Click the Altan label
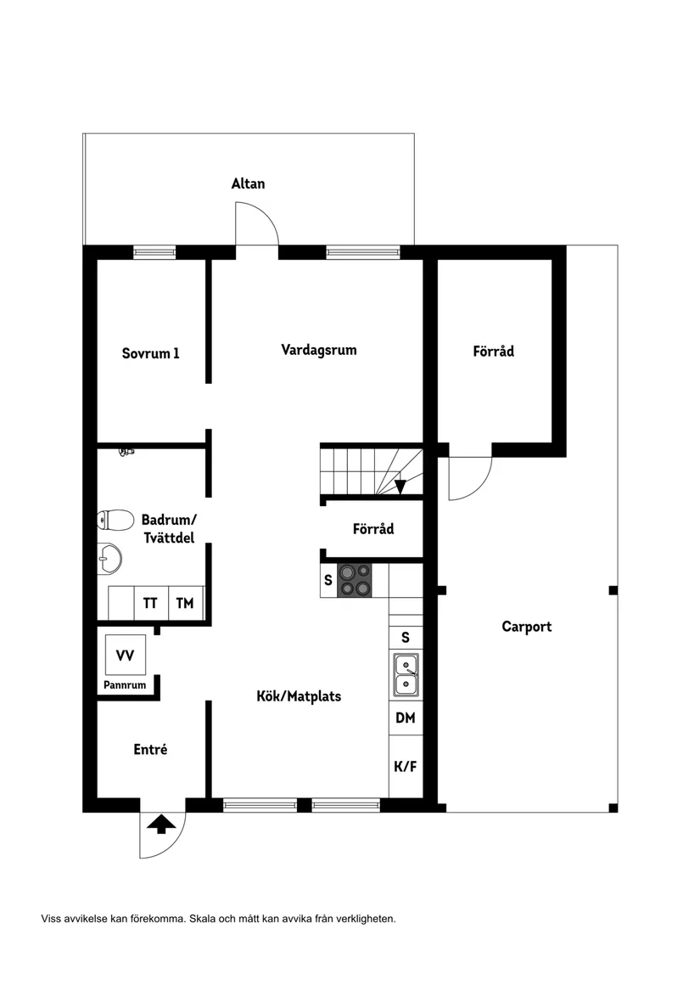pos(248,183)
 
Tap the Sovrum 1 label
pos(150,353)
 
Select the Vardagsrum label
pos(318,349)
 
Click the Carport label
pos(526,627)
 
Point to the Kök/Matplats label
pos(299,696)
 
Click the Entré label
pos(150,749)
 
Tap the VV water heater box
pos(125,656)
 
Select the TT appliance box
pos(150,604)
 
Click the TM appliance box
pos(184,604)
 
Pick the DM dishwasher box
pos(406,718)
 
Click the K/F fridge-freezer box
pos(406,767)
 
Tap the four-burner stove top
pos(355,581)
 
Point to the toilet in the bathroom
pos(116,519)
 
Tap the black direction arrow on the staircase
pos(400,486)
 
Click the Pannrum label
pos(125,684)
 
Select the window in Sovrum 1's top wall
pos(154,252)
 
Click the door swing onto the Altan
pos(257,223)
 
